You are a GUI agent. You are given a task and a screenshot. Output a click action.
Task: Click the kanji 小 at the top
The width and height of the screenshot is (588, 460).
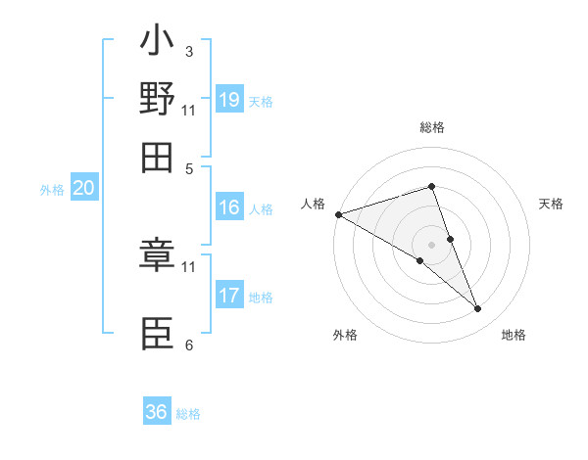point(157,45)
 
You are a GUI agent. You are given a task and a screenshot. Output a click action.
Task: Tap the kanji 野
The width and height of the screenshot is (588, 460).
point(157,100)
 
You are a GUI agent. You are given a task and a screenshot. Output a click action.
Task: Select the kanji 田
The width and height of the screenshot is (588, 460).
point(157,155)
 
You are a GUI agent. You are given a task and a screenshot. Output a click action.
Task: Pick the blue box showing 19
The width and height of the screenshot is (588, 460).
point(229,100)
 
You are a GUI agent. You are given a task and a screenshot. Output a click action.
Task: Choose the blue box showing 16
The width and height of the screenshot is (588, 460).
point(229,207)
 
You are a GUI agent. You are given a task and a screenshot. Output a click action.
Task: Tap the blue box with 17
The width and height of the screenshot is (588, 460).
point(229,296)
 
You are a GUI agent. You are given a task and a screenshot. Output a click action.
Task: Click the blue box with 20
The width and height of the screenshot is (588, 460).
point(83,189)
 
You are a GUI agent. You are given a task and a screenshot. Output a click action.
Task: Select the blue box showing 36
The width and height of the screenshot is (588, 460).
point(157,412)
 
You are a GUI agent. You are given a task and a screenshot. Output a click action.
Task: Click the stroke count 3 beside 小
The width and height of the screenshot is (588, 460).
point(188,51)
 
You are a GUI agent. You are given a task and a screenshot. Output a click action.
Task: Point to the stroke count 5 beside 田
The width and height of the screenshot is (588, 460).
point(188,167)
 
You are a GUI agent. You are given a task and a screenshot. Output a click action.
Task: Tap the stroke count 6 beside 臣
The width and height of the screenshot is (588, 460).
point(188,345)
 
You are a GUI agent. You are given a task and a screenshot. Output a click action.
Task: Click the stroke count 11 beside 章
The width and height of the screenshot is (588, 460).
point(189,265)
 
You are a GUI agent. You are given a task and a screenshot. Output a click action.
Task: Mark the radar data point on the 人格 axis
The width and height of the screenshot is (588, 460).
point(338,213)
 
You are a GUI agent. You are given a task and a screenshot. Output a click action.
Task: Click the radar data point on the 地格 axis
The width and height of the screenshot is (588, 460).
point(478,309)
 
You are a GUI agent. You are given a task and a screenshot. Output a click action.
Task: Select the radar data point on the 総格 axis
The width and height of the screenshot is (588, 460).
point(431,186)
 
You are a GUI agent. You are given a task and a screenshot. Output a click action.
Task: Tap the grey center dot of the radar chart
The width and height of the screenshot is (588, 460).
point(431,244)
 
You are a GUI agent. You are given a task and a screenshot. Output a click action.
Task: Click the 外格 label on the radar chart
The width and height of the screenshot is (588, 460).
point(345,335)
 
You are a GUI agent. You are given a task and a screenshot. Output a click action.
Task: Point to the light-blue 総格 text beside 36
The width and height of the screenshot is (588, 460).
point(188,414)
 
